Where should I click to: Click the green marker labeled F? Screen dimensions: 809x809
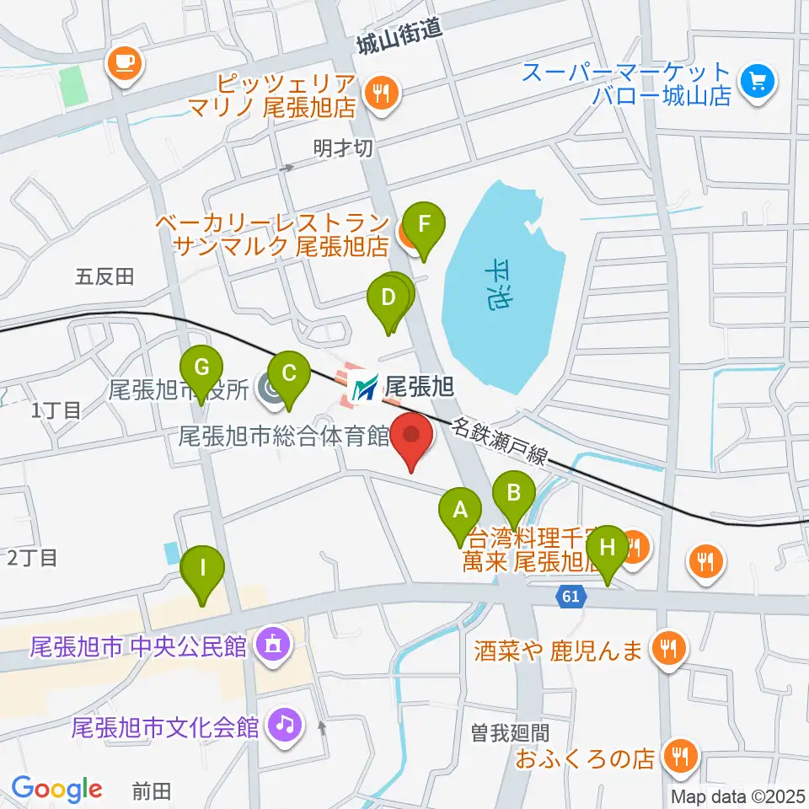425,226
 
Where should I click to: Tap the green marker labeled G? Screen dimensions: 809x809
201,369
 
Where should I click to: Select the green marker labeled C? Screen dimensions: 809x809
288,372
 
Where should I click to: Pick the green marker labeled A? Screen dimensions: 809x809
460,511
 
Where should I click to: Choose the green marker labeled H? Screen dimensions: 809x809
607,548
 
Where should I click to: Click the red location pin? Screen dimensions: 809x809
412,437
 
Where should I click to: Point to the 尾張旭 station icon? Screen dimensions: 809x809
365,388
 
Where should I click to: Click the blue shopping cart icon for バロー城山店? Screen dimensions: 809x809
757,83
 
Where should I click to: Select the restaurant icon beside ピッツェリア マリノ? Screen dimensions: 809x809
382,94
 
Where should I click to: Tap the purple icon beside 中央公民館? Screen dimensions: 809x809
272,646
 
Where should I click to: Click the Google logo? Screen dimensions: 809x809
56,789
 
